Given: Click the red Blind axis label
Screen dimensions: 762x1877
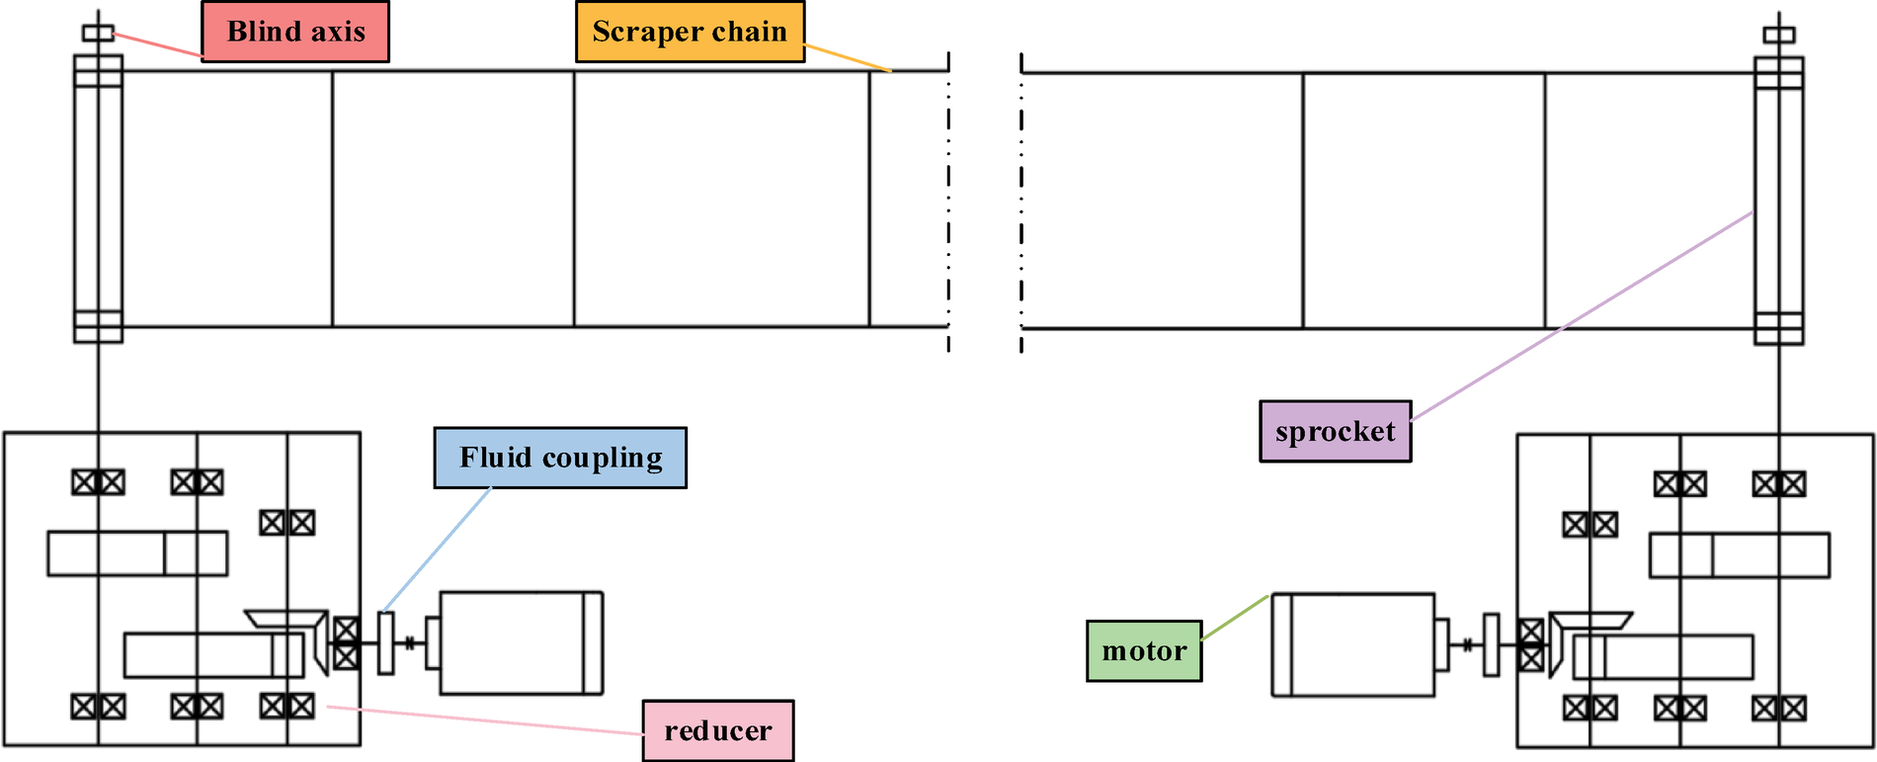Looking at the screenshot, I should (x=294, y=32).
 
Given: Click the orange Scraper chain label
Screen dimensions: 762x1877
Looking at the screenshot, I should (x=690, y=32).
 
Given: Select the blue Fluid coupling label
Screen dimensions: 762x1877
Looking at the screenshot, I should (x=560, y=458).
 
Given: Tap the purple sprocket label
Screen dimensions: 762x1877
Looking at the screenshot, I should (x=1335, y=431).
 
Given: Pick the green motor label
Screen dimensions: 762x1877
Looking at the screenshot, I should (x=1144, y=650).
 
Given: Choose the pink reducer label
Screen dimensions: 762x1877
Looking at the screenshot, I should (x=717, y=730).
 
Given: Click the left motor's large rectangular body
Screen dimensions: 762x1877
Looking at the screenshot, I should (x=514, y=643).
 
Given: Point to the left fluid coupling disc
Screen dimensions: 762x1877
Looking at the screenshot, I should (x=385, y=642).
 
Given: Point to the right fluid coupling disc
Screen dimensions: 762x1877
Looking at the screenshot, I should (x=1491, y=644).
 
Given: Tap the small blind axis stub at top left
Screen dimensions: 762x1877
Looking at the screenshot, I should (x=98, y=34).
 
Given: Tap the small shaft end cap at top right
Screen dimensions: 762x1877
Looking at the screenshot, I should (x=1778, y=35).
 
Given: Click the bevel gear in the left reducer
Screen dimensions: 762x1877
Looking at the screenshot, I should (x=314, y=637).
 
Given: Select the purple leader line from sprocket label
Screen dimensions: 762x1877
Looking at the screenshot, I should (x=1581, y=316).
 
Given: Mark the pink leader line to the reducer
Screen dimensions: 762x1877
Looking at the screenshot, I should (x=484, y=720).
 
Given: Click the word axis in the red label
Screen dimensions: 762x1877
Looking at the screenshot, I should (x=339, y=32).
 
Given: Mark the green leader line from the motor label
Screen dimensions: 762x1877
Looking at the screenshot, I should (x=1235, y=617).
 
